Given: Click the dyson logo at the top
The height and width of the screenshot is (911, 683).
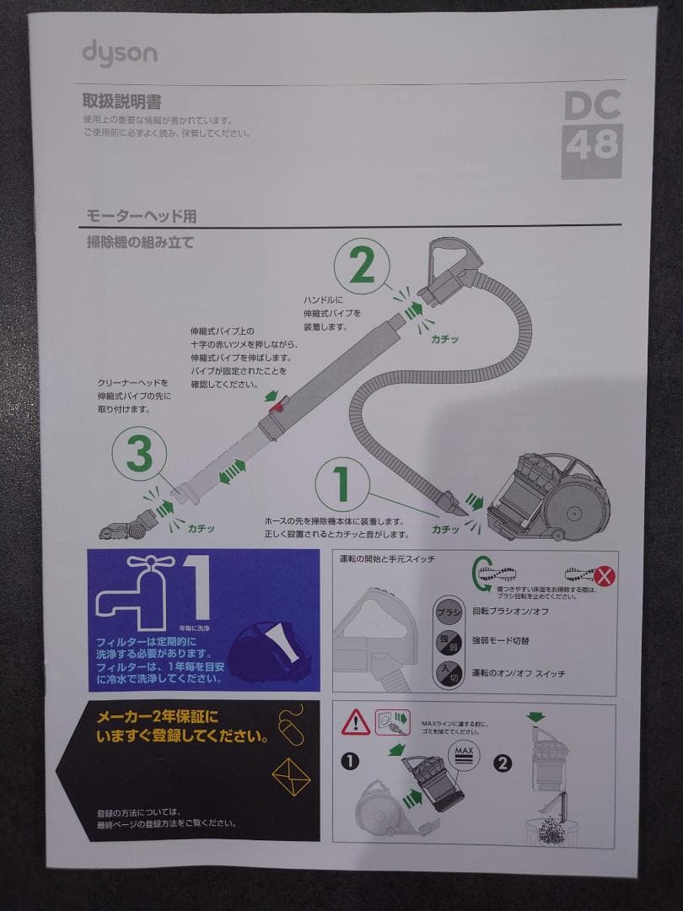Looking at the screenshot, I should (x=119, y=52).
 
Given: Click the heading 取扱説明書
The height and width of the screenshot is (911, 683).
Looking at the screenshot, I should (x=121, y=101).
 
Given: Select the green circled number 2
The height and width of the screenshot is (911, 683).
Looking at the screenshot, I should (x=362, y=267).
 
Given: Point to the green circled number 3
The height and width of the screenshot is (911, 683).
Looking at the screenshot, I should (x=139, y=455).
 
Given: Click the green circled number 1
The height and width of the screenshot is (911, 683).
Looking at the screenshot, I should (x=342, y=484).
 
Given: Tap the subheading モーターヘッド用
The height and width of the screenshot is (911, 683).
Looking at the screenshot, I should (x=141, y=217).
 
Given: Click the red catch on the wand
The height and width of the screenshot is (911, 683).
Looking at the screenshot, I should (x=275, y=408).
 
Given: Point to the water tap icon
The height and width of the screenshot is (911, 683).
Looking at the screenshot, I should (x=132, y=590).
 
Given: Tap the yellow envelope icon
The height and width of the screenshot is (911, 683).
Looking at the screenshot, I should (x=291, y=776).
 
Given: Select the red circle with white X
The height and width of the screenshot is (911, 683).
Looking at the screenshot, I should (x=603, y=577).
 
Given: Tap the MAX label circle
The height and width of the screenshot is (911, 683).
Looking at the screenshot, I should (x=463, y=753).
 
